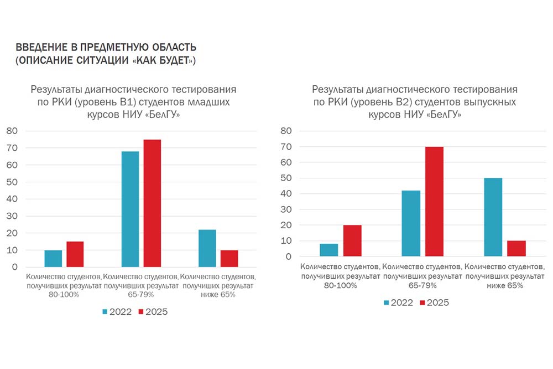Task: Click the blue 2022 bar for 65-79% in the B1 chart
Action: [x=131, y=209]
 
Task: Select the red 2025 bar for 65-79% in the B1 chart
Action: [x=152, y=203]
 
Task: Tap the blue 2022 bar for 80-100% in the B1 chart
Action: [x=53, y=258]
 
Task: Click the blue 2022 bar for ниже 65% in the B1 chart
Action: [x=207, y=248]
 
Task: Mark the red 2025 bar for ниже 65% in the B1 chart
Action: [x=229, y=258]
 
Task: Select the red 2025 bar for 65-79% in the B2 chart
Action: [x=434, y=202]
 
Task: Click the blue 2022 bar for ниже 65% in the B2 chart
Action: [x=492, y=217]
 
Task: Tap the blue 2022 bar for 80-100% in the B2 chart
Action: [x=328, y=250]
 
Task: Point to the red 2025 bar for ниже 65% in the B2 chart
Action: [x=516, y=249]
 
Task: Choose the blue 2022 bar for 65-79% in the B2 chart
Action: [x=411, y=224]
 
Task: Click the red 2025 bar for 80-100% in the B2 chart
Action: [x=352, y=241]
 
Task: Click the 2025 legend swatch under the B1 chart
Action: [x=140, y=312]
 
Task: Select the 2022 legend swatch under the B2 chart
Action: [x=387, y=303]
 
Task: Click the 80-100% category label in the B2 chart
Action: [x=339, y=286]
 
